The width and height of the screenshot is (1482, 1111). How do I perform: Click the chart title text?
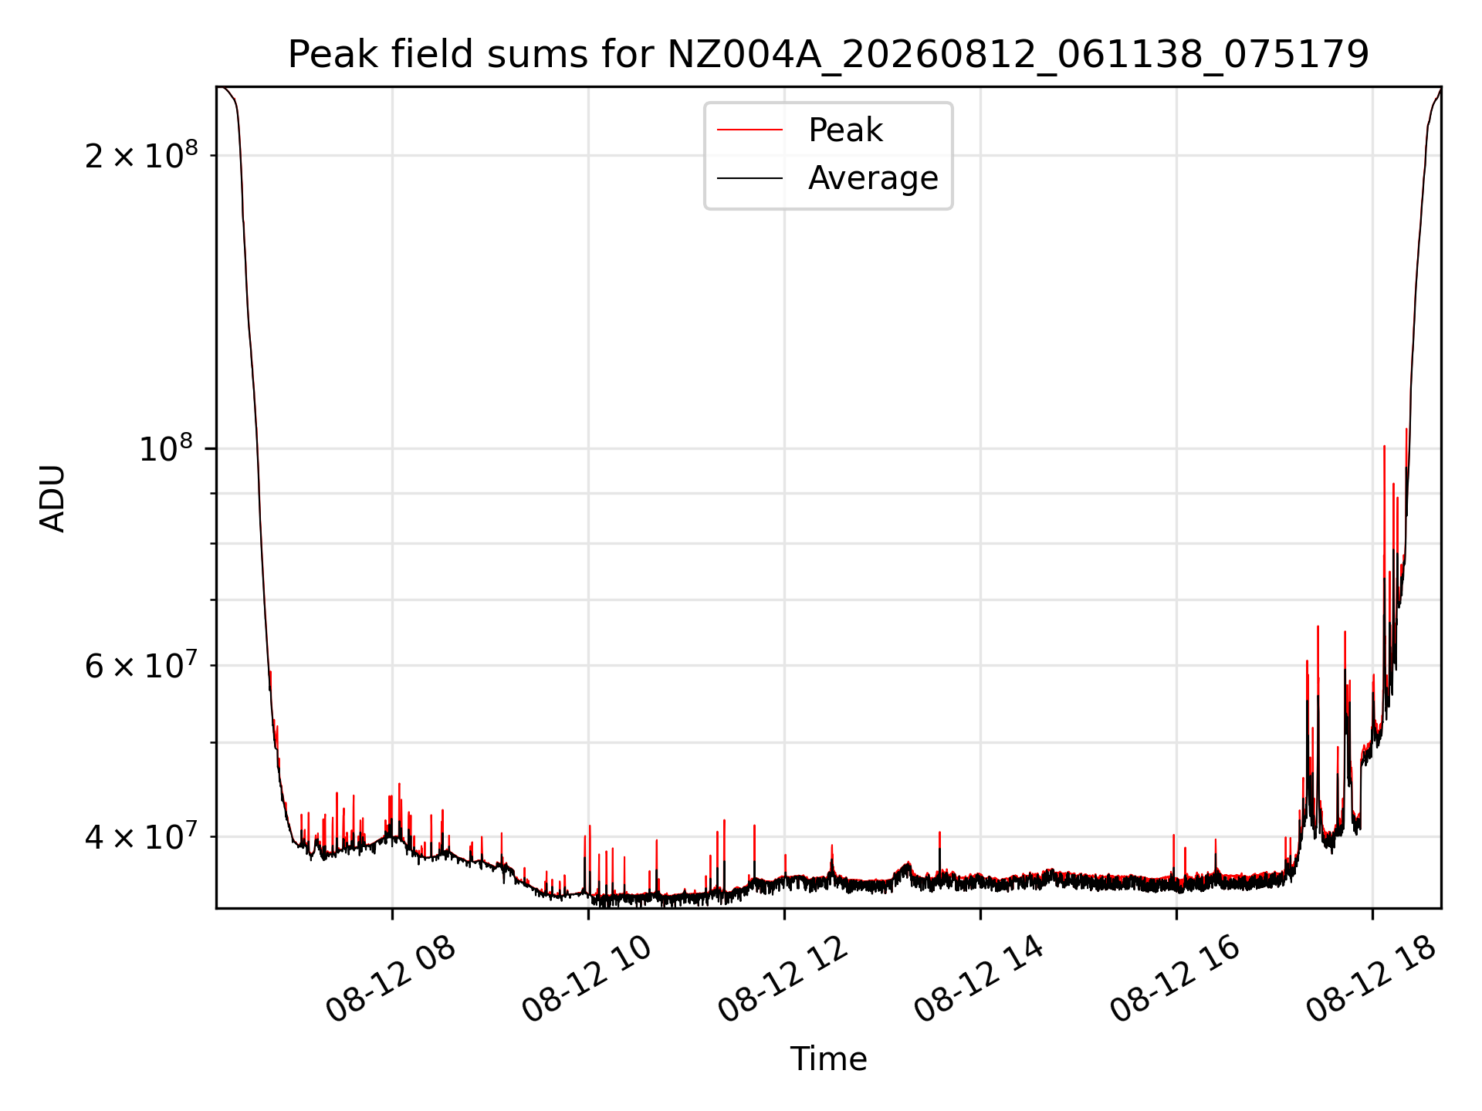click(x=828, y=55)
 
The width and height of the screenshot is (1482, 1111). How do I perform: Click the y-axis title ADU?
click(x=52, y=498)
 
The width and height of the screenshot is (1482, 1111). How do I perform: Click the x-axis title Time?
click(x=828, y=1059)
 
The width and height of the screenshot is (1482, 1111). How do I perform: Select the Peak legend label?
click(x=845, y=130)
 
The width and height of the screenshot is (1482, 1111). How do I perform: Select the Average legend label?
click(x=873, y=178)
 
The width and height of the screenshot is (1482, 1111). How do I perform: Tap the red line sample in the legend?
click(x=749, y=130)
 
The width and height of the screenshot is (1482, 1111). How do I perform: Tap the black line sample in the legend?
click(x=749, y=179)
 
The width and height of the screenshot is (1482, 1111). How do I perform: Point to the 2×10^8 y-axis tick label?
click(x=141, y=154)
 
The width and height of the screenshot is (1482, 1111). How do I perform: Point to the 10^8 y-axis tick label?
click(x=165, y=447)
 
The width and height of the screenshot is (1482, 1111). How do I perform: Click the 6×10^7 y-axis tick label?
click(x=141, y=665)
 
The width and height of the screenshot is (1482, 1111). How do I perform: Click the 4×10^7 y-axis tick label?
click(x=141, y=836)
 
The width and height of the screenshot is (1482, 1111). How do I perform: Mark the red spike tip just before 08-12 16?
click(x=1173, y=836)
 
